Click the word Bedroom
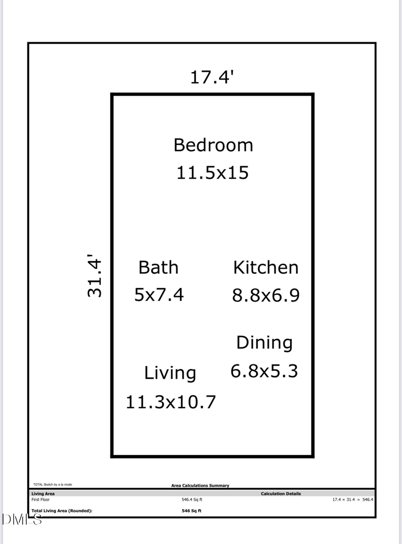coord(213,145)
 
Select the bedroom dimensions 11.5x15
coord(212,173)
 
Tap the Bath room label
coord(158,268)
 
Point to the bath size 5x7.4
coord(159,295)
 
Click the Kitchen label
coord(265,268)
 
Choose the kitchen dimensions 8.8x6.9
coord(265,295)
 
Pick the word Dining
coord(264,343)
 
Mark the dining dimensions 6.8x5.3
coord(264,371)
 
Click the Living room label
coord(170,373)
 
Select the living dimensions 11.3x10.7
coord(170,402)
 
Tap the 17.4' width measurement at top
coord(212,77)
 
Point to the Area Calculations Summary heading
coord(200,485)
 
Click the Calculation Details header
coord(281,494)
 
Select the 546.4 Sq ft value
coord(192,500)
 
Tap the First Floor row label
coord(41,500)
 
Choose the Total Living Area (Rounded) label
coord(62,511)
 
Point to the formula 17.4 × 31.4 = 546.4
coord(352,500)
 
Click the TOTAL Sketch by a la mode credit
coord(52,484)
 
